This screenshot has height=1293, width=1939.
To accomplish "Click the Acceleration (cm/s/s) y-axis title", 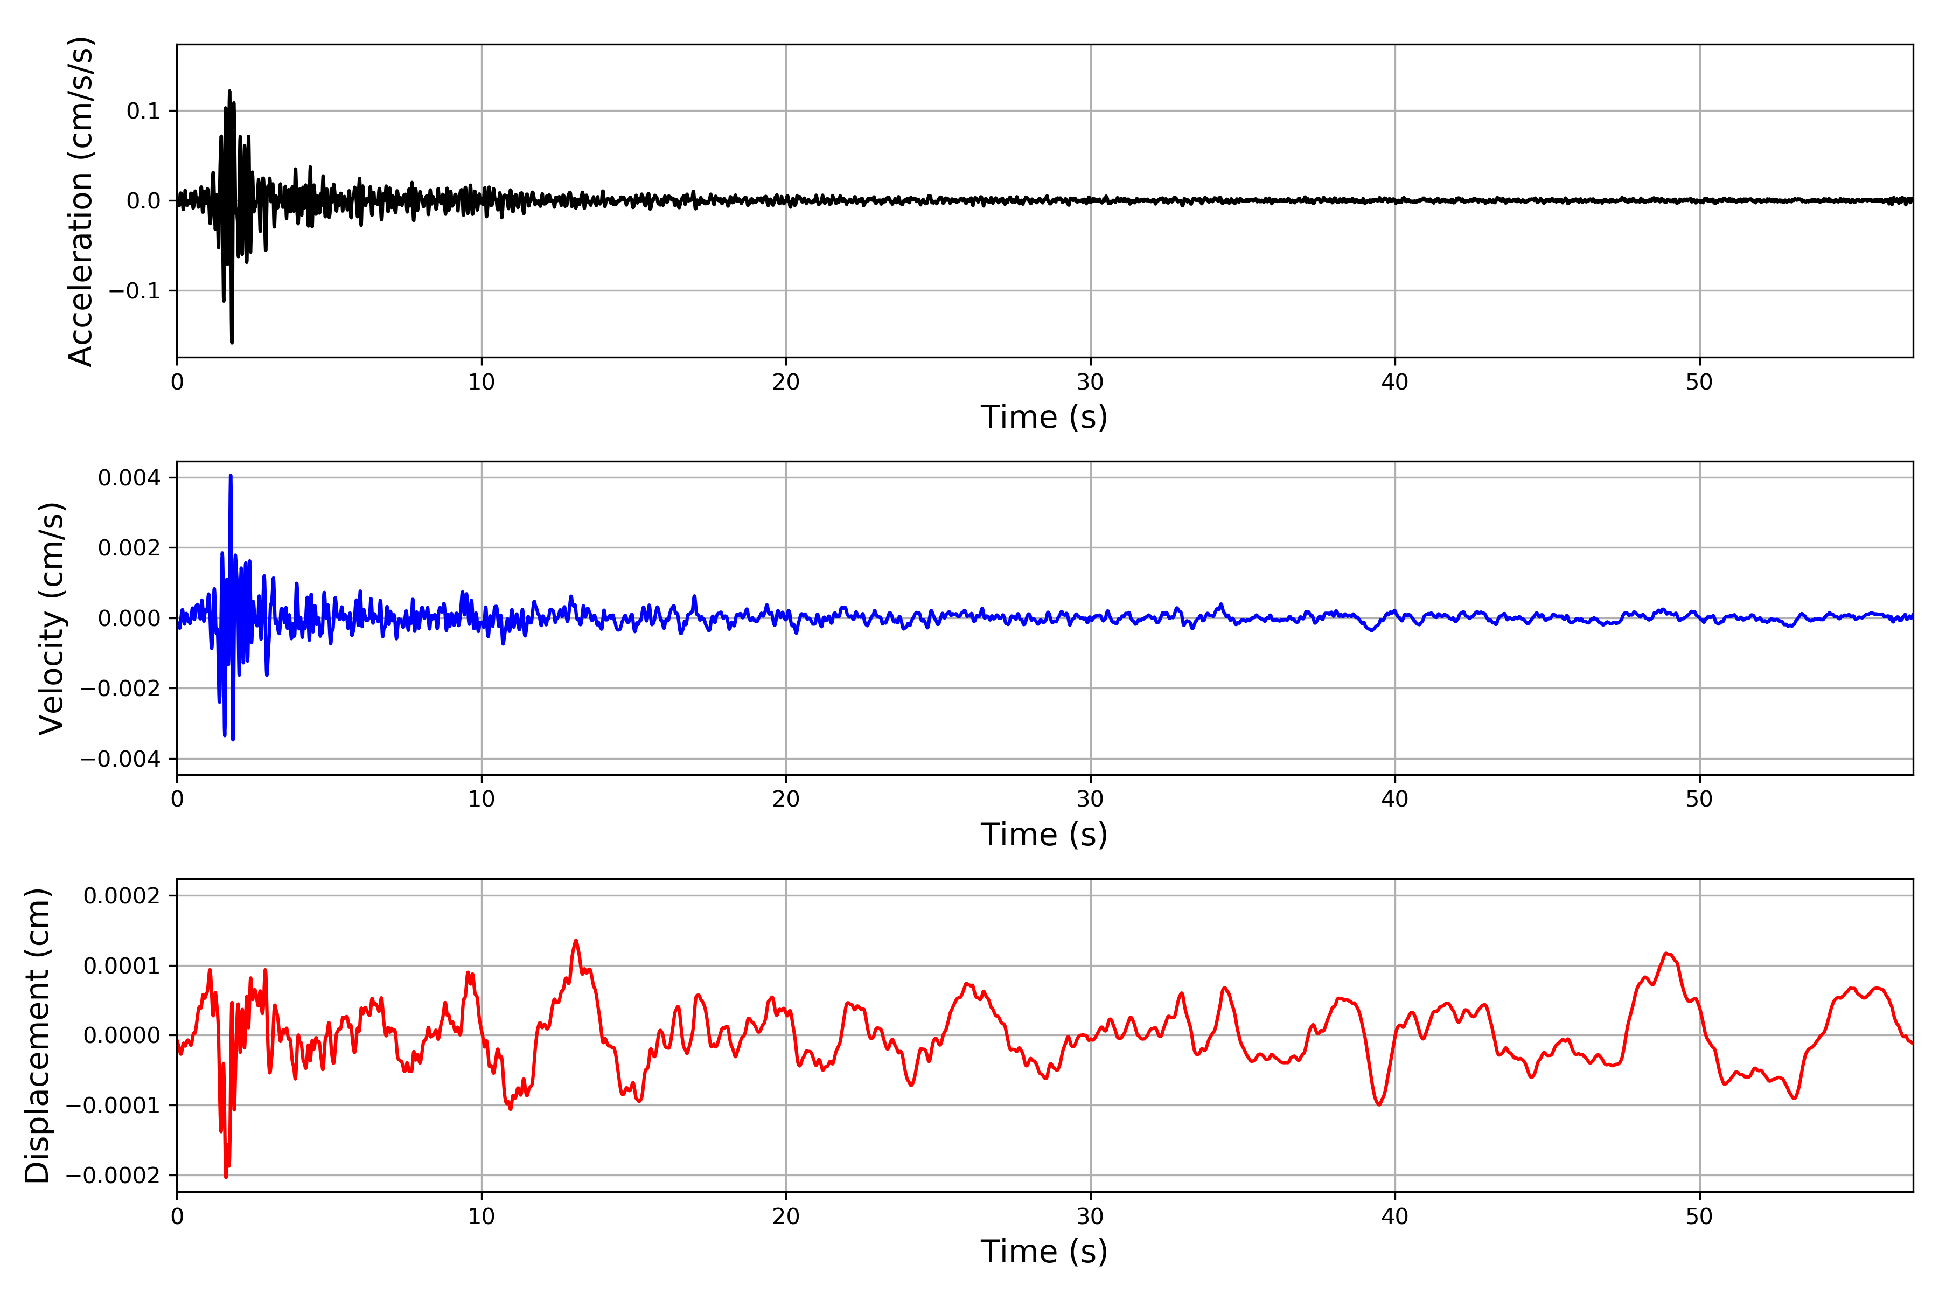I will pos(81,201).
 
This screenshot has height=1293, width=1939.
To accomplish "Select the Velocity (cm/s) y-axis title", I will pos(52,617).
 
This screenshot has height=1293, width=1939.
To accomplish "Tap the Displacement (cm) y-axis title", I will pos(38,1035).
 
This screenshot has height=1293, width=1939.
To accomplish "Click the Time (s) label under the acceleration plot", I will pos(1044,417).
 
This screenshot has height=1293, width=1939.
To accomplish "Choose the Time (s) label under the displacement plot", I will pos(1044,1252).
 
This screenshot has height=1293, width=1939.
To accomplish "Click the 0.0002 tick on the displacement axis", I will pos(122,895).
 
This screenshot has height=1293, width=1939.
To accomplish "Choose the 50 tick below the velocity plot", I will pos(1699,799).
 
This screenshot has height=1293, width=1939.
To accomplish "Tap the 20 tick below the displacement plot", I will pos(786,1216).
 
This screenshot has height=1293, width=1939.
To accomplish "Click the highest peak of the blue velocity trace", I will pos(231,476).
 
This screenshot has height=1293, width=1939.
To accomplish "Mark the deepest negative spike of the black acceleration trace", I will pos(232,342).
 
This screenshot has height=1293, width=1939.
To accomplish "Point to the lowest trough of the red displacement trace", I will pos(226,1177).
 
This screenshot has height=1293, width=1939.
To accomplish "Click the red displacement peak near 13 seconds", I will pos(575,940).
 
